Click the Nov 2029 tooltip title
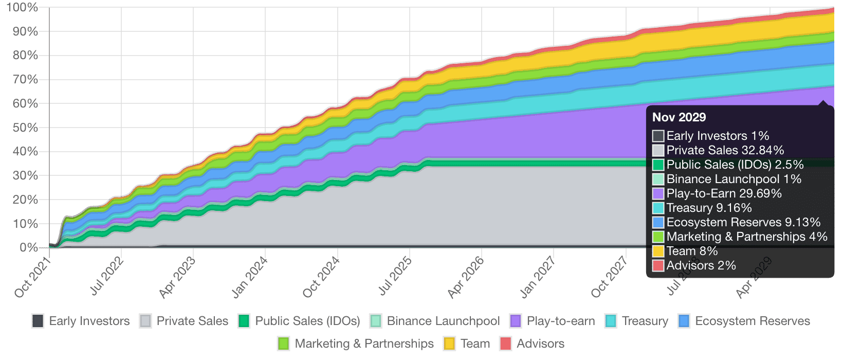(x=679, y=117)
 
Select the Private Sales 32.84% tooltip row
(x=725, y=150)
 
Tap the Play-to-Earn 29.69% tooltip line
(x=724, y=193)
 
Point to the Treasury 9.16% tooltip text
(x=709, y=208)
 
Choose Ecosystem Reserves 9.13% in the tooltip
(x=743, y=222)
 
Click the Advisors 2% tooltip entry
(x=701, y=265)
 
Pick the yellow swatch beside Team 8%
(x=658, y=251)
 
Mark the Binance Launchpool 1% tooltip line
(x=734, y=179)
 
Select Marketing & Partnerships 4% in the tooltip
(x=746, y=237)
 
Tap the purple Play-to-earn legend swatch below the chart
(x=516, y=321)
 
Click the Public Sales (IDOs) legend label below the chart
(x=307, y=321)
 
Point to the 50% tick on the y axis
(x=25, y=128)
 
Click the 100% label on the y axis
(x=24, y=7)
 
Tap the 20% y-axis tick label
(x=25, y=200)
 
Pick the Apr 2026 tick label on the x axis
(x=466, y=278)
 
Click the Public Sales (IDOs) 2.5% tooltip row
(x=735, y=165)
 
